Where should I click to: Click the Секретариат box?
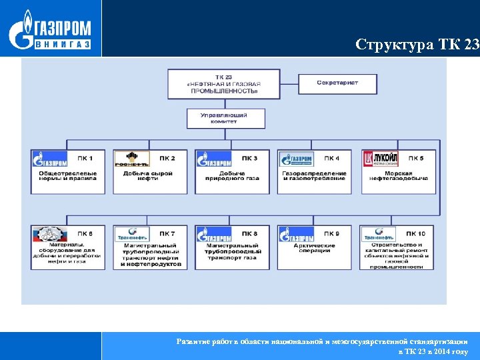337,83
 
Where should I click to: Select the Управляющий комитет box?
225,119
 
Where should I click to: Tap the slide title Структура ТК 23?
417,45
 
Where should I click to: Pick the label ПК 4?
331,158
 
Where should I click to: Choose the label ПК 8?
249,234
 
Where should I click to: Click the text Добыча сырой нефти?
148,177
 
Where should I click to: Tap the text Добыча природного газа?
230,177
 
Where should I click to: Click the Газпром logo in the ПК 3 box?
214,159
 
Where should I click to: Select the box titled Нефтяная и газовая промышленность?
225,85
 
